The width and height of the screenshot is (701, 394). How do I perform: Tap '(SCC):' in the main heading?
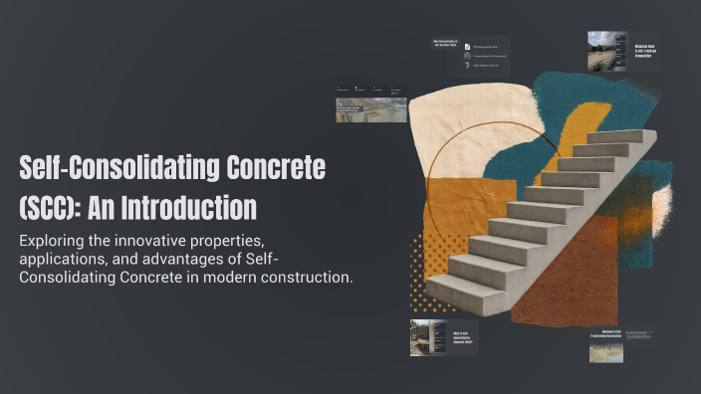[52, 208]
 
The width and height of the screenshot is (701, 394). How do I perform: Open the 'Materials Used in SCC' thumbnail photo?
[606, 51]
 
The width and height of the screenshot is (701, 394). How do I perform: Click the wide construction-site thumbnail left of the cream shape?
[370, 109]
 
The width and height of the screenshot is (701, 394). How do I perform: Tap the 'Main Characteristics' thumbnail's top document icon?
[467, 46]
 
